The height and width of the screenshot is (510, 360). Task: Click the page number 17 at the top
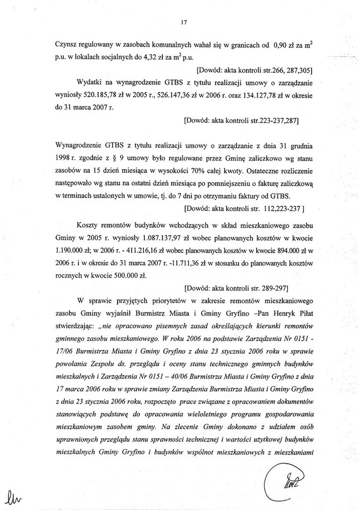(x=184, y=22)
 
